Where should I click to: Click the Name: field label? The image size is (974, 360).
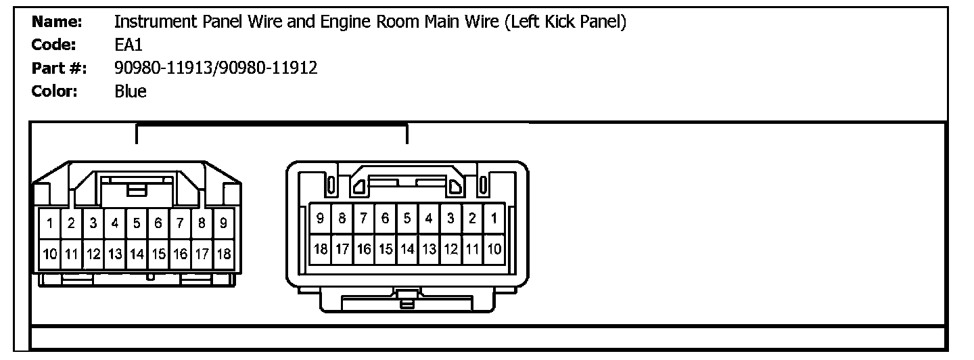[57, 22]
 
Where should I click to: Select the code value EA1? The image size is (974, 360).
[129, 45]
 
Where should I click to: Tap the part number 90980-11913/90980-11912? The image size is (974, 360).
[216, 68]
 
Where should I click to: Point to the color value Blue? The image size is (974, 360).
[131, 91]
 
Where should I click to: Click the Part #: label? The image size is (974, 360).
[57, 68]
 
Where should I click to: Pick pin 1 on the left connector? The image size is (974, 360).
[49, 222]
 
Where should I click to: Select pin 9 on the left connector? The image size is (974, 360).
[223, 222]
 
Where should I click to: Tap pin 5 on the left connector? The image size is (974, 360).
[137, 222]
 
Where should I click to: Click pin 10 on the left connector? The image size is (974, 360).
[49, 254]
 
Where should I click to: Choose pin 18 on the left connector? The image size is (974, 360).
[223, 254]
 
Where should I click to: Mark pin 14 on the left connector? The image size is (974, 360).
[137, 254]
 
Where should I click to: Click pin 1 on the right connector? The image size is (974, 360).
[494, 219]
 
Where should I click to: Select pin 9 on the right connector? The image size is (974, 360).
[320, 219]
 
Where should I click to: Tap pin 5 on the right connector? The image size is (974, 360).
[407, 219]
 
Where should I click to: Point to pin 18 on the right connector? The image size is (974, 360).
[320, 249]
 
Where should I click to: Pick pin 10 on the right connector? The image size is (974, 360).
[494, 249]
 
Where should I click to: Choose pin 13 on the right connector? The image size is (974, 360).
[429, 249]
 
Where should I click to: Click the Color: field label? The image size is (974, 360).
[55, 91]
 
